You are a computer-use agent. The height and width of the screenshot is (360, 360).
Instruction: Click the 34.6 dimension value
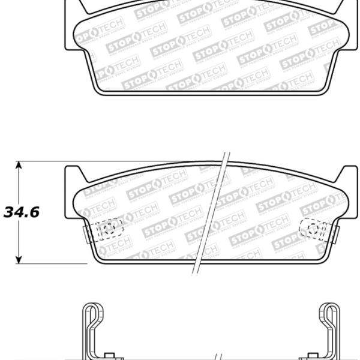tap(21, 212)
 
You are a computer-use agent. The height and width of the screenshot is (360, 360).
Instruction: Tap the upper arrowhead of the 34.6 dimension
tap(19, 165)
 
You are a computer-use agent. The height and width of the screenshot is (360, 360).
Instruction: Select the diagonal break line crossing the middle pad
tap(211, 216)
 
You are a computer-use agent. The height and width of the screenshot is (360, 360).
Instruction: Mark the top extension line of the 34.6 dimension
tap(42, 161)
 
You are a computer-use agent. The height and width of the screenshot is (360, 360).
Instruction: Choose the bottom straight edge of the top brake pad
tap(210, 94)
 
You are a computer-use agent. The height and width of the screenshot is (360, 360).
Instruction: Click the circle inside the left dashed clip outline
tap(108, 228)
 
